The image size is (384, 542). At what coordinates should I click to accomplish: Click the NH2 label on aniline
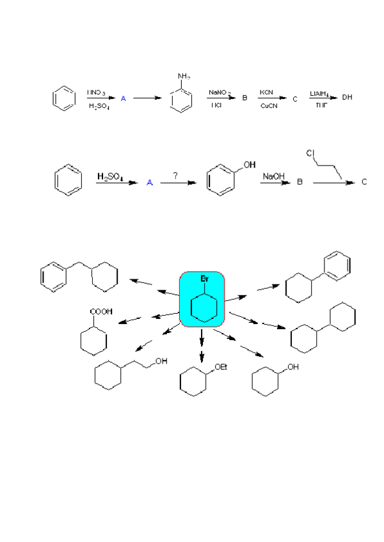click(x=183, y=78)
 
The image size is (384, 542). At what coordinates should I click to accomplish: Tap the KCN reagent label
click(x=267, y=93)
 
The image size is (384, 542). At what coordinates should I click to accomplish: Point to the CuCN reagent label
click(x=268, y=105)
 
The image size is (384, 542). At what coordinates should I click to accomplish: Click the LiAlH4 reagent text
click(x=319, y=93)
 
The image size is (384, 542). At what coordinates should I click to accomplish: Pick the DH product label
click(x=348, y=98)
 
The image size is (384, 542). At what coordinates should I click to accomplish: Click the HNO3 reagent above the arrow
click(x=97, y=93)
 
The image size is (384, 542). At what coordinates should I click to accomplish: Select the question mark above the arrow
click(x=175, y=174)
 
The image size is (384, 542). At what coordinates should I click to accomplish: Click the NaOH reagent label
click(x=273, y=175)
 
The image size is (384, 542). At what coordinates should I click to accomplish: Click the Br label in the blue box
click(x=204, y=280)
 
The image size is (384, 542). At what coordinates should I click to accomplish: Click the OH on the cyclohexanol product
click(x=292, y=368)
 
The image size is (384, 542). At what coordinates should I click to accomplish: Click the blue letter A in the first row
click(x=124, y=98)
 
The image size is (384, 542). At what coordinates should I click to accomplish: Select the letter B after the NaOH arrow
click(x=298, y=182)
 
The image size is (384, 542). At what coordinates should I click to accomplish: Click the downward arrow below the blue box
click(x=202, y=339)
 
